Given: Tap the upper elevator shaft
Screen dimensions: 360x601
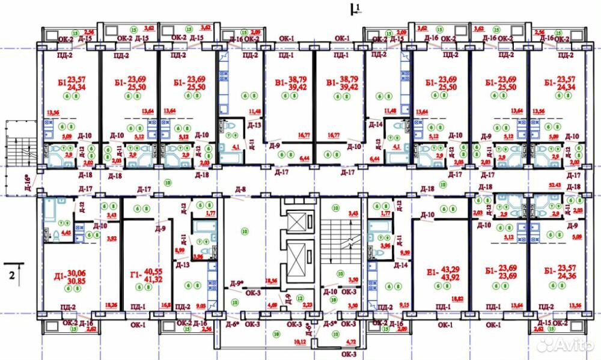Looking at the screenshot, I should (297, 222).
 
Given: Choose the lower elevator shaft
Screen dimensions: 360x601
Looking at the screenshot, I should (297, 258).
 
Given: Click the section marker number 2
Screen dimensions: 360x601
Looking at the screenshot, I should (11, 276).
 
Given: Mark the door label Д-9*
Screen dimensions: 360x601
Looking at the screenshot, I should (236, 284).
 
